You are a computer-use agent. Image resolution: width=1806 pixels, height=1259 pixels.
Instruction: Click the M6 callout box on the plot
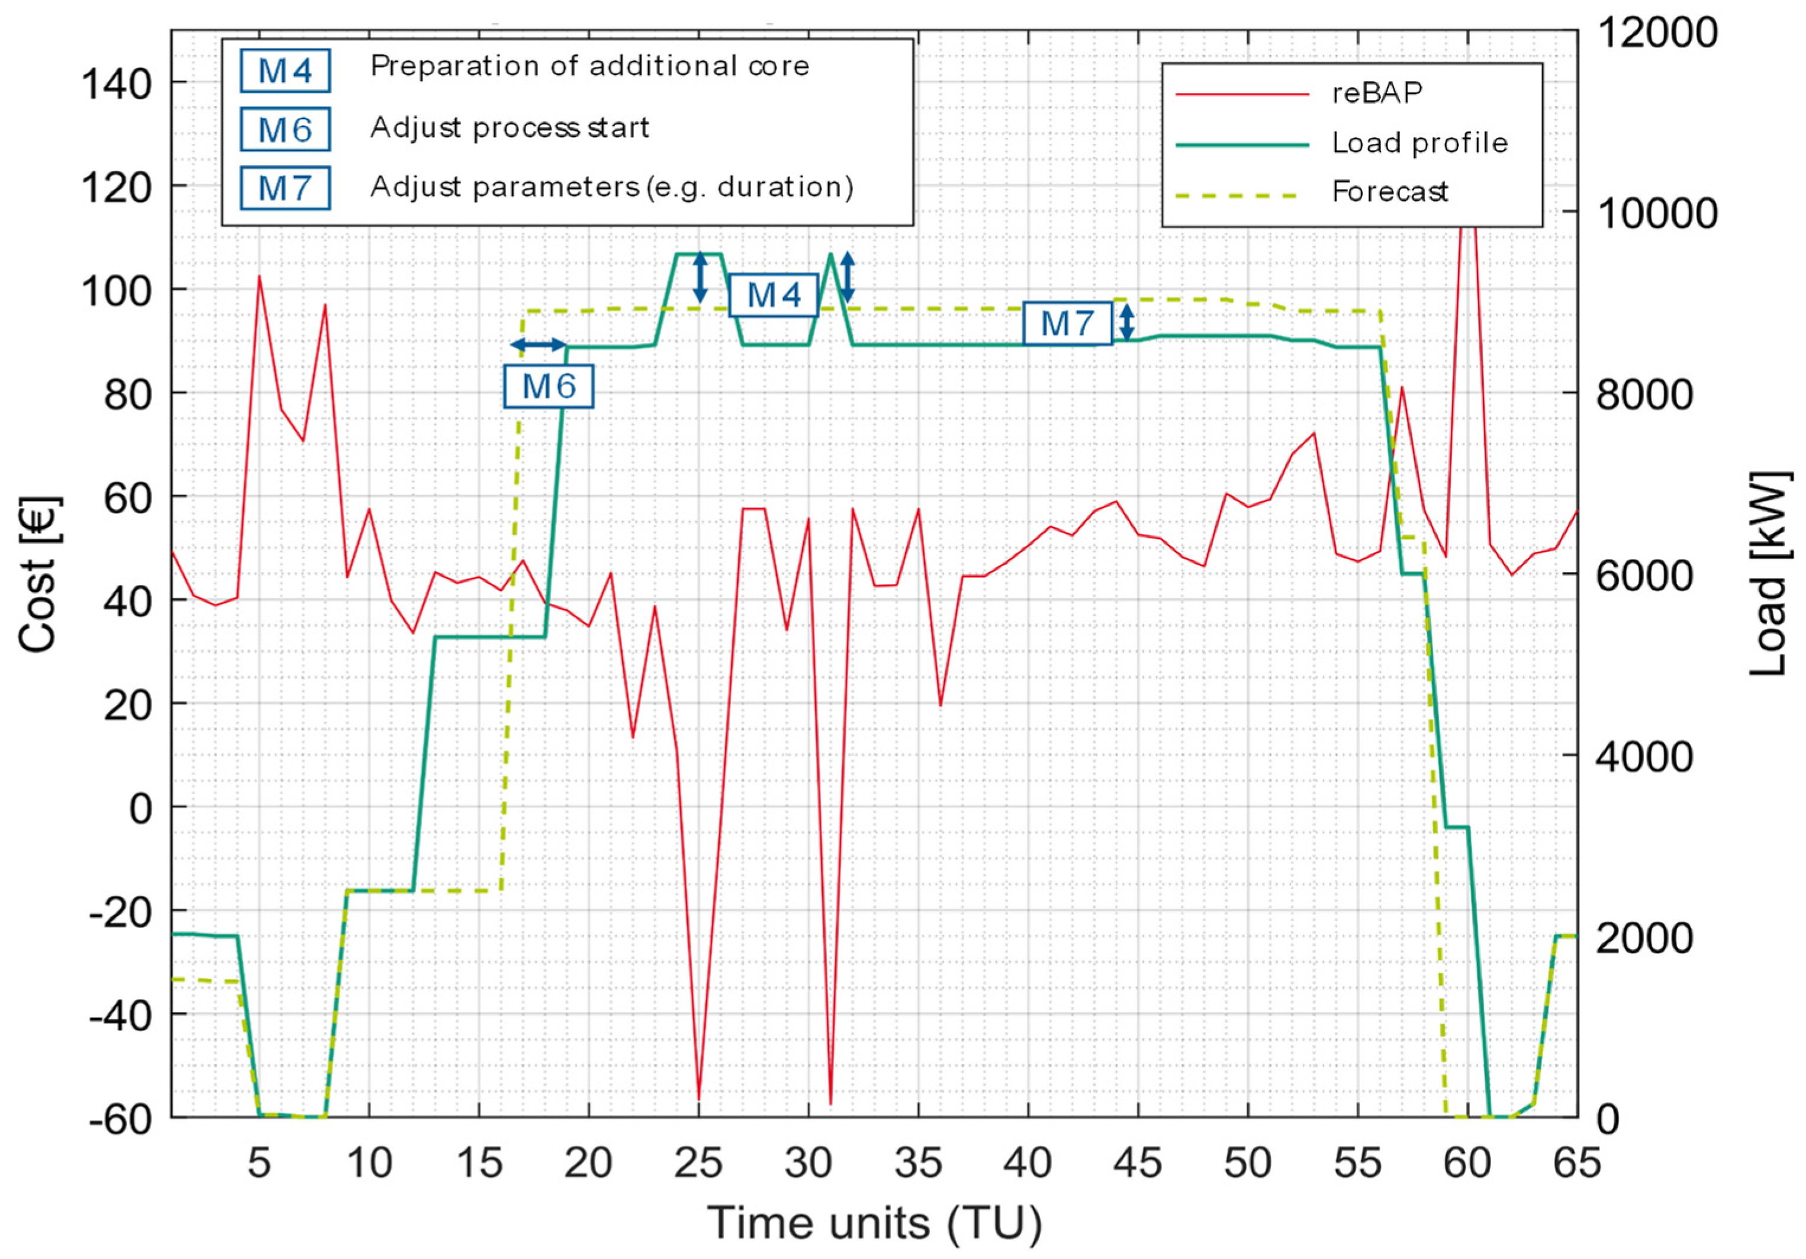coord(548,386)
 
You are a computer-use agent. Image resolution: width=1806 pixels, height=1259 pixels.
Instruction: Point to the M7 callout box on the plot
coord(1067,323)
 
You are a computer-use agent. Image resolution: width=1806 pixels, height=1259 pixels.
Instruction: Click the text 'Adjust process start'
coord(510,127)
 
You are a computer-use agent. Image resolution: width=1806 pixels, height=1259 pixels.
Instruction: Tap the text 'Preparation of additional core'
coord(590,67)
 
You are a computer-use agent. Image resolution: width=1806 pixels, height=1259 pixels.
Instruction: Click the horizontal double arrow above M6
coord(538,345)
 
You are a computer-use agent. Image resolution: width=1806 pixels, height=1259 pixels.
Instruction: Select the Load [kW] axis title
coord(1769,574)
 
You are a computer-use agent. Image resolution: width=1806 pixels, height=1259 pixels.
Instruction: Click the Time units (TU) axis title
coord(875,1223)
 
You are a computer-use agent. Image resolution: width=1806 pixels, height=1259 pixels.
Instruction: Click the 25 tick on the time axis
coord(698,1164)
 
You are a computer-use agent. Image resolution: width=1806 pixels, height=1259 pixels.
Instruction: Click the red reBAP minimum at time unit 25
coord(698,1099)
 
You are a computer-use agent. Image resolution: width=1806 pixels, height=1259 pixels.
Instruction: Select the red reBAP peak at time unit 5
coord(259,276)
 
